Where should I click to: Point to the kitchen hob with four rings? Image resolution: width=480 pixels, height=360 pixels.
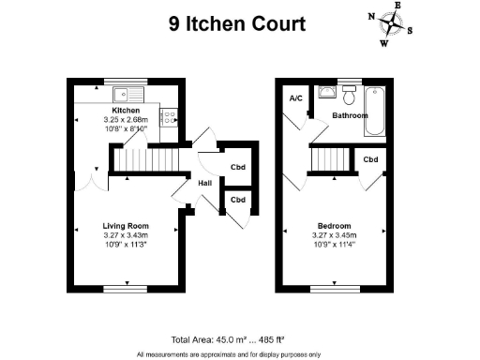169,117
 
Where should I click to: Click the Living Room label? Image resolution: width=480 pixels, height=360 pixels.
126,226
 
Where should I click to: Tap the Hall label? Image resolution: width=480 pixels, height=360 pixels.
203,183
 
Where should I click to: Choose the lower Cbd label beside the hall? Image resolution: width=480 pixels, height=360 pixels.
238,200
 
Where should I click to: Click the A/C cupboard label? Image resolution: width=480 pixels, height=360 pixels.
295,98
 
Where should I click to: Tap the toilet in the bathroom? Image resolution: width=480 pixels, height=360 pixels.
349,95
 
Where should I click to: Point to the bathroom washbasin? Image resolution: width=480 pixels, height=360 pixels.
326,92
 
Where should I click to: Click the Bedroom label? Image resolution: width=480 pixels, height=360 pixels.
335,226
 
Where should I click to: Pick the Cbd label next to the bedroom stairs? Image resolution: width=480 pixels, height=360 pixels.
371,160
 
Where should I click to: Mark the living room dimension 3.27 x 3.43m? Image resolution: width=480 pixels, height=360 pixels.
126,235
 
